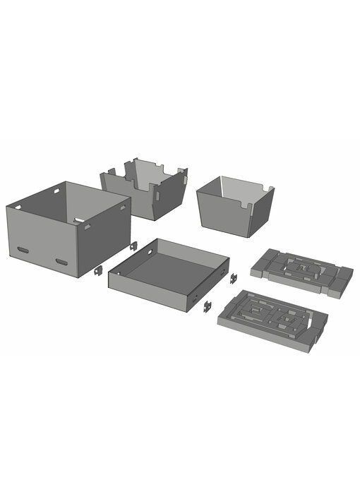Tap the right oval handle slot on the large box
tap(62, 262)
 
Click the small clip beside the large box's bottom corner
tap(99, 270)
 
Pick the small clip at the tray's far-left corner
tap(133, 246)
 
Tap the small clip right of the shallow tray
tap(233, 278)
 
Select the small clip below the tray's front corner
tap(208, 306)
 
